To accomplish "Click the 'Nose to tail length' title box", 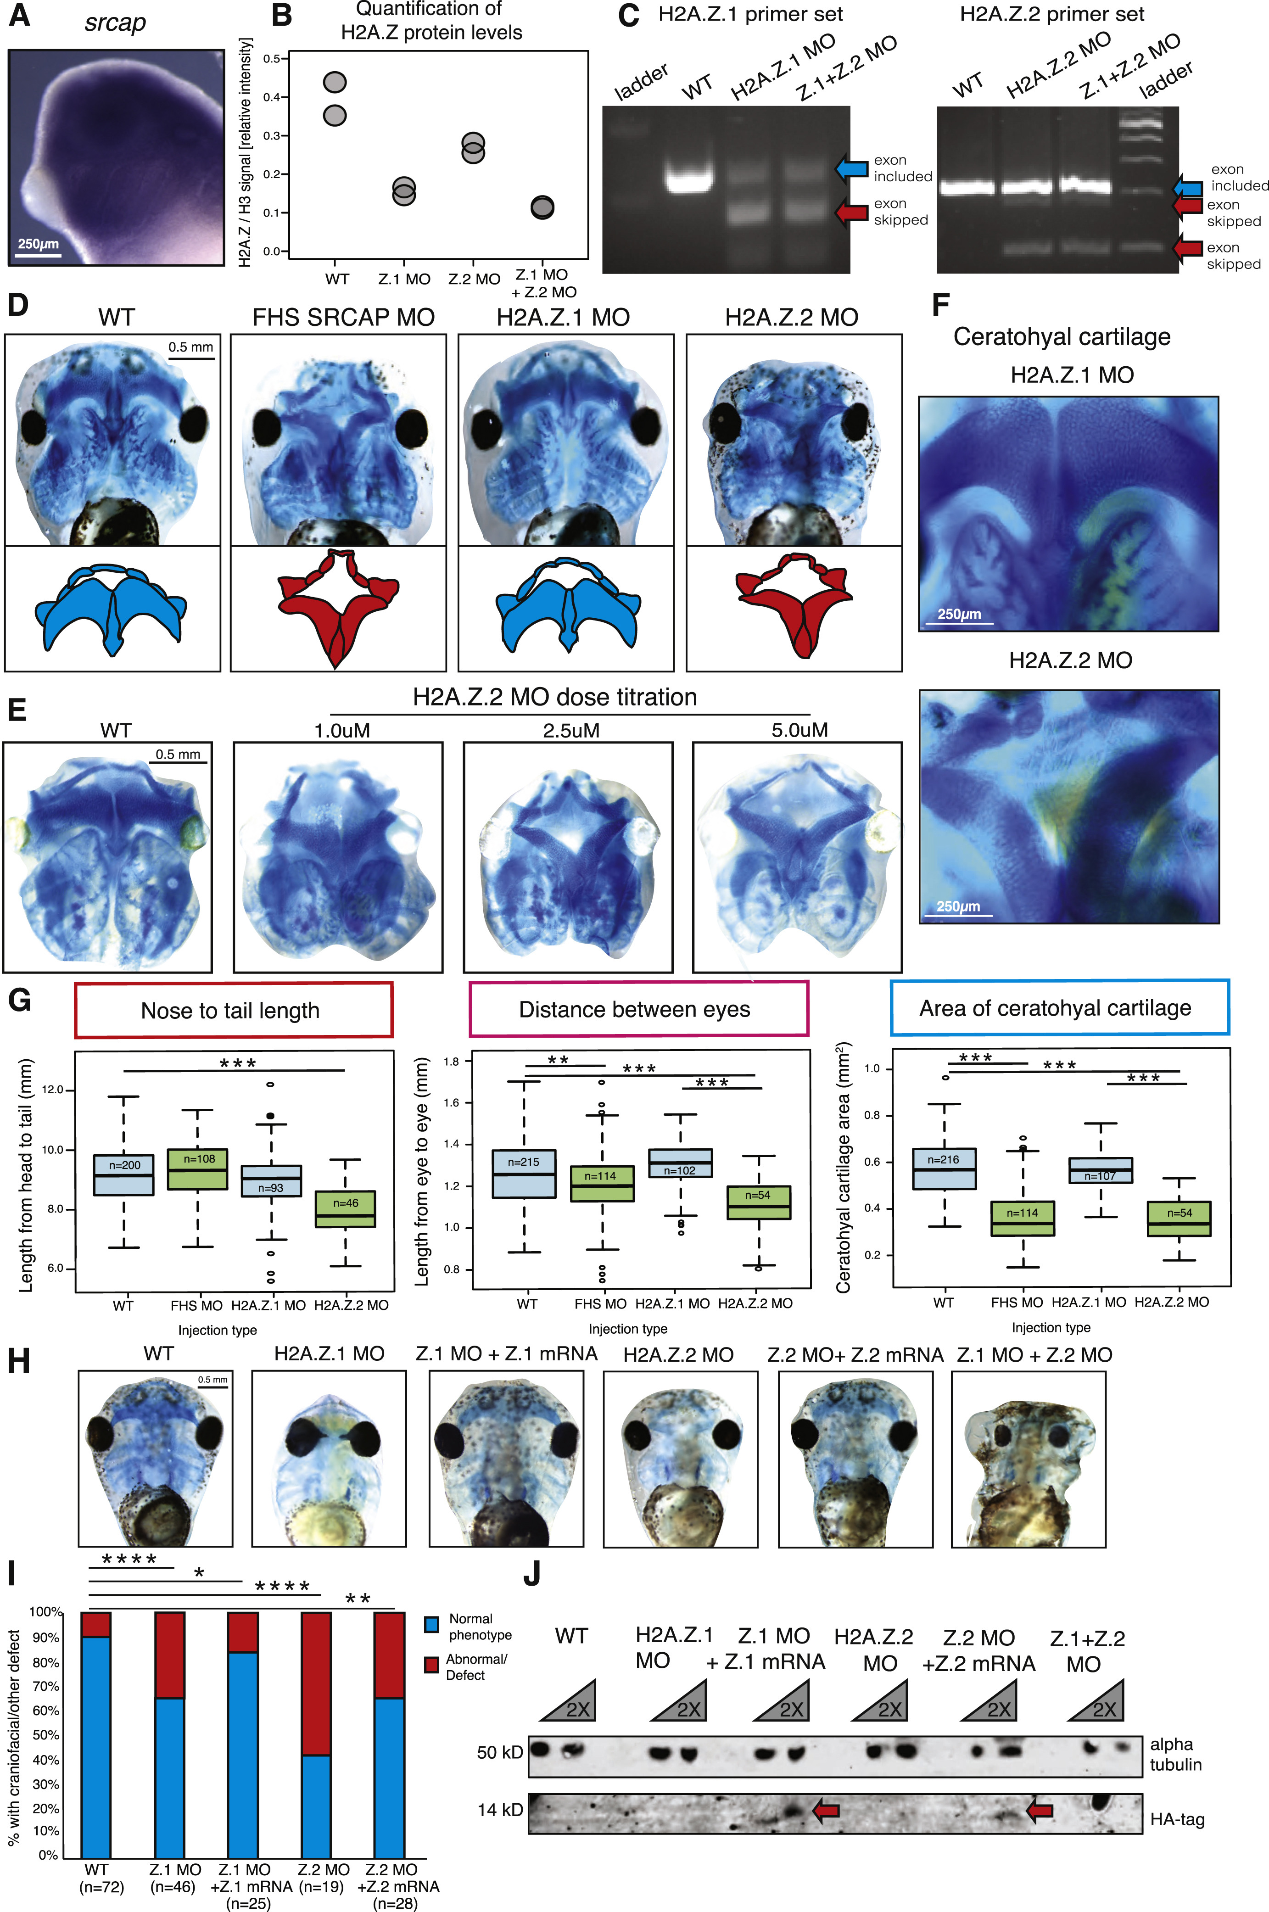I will (x=233, y=1010).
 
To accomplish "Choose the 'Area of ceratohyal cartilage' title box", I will (x=1059, y=1007).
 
